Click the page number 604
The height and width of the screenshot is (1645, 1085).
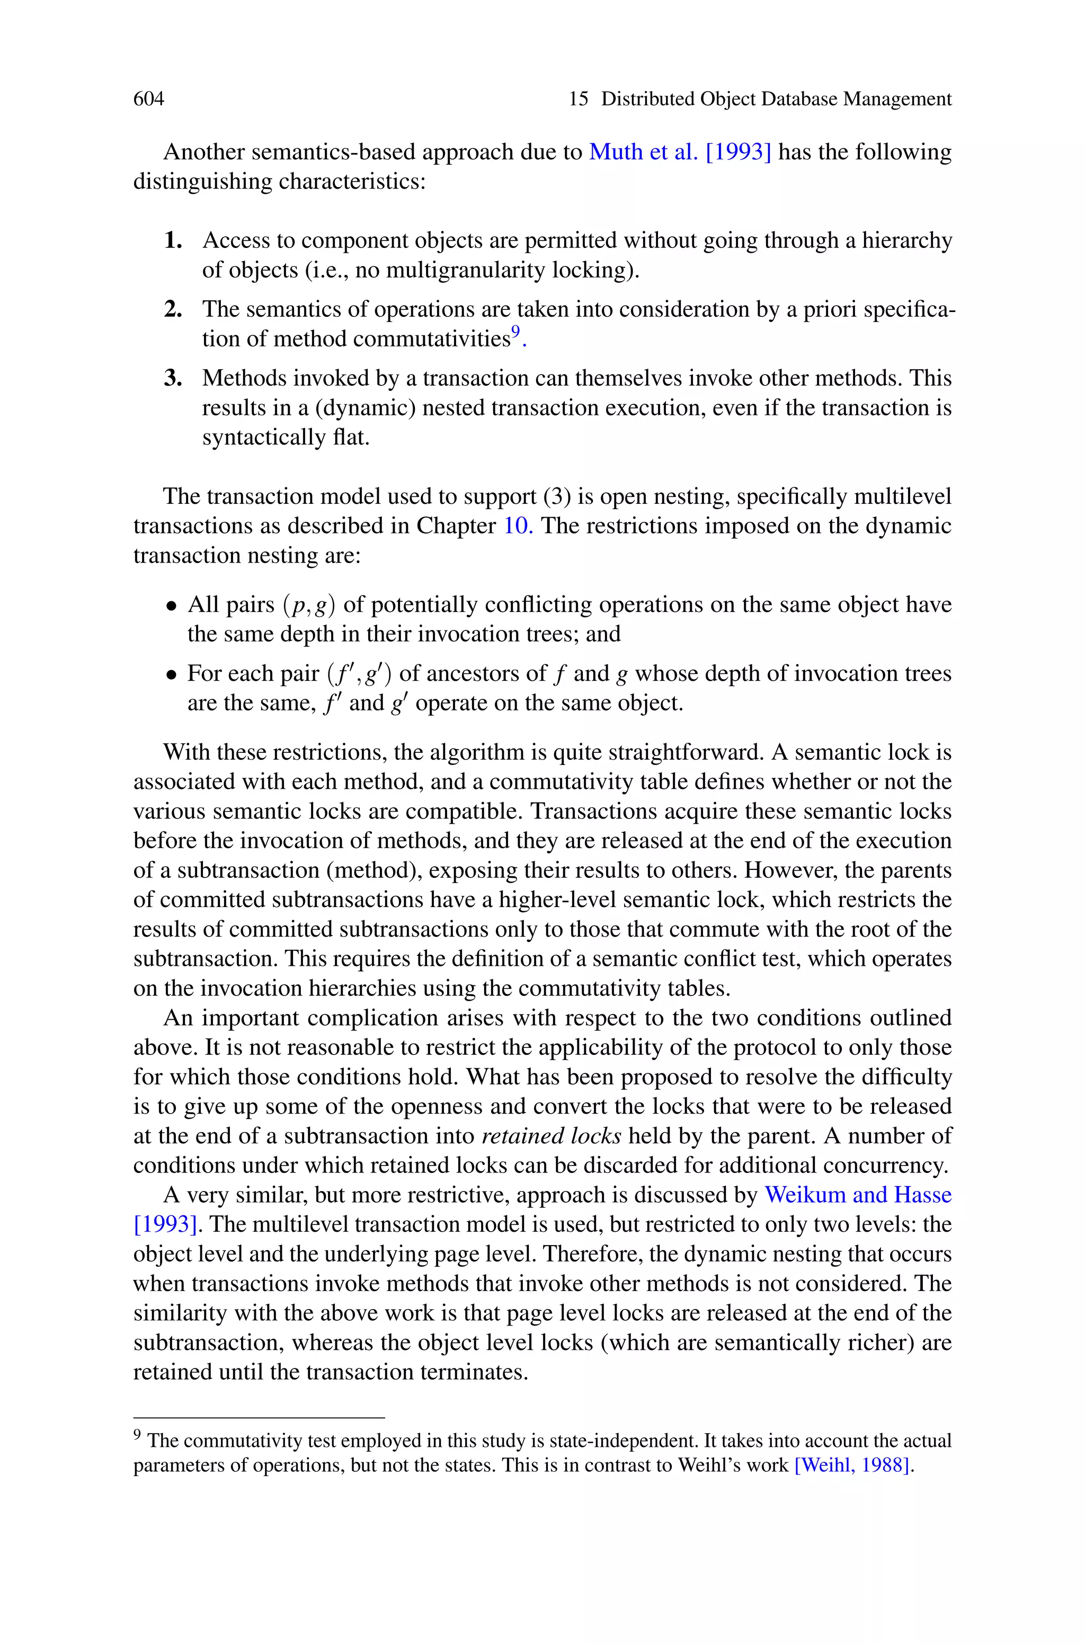click(149, 99)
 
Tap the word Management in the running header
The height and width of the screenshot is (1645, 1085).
click(897, 99)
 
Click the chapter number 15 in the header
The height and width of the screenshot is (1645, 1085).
click(579, 99)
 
